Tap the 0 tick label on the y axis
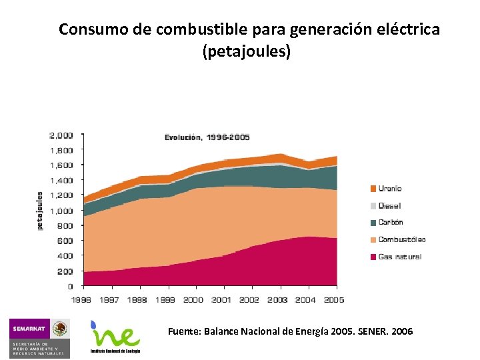point(69,286)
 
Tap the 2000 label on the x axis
point(193,300)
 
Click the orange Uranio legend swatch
point(373,189)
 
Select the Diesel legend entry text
point(390,206)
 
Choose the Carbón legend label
point(391,223)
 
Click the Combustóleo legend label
point(402,240)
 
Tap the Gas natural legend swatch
point(373,257)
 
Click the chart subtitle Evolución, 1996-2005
point(207,137)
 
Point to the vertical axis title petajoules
point(39,211)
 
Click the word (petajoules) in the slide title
point(247,51)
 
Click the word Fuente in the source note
point(182,331)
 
